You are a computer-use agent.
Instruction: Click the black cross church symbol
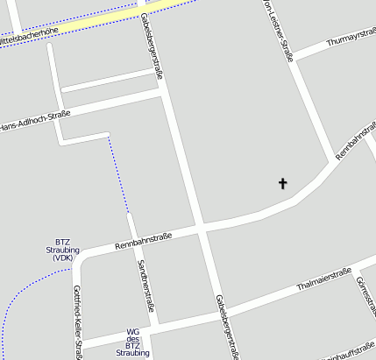click(x=283, y=184)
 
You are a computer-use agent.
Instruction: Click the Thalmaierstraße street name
click(x=323, y=278)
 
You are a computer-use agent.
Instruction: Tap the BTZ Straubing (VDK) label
click(x=62, y=250)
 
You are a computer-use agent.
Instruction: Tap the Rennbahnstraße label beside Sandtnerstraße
click(x=143, y=238)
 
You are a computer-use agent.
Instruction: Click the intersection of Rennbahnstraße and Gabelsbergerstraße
click(x=201, y=228)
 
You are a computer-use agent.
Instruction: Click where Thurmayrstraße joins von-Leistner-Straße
click(x=292, y=56)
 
